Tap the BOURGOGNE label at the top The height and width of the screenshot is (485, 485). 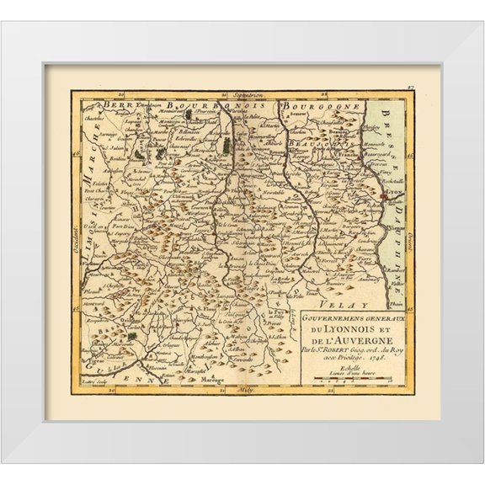coord(332,108)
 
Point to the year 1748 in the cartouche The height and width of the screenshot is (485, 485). coord(390,355)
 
